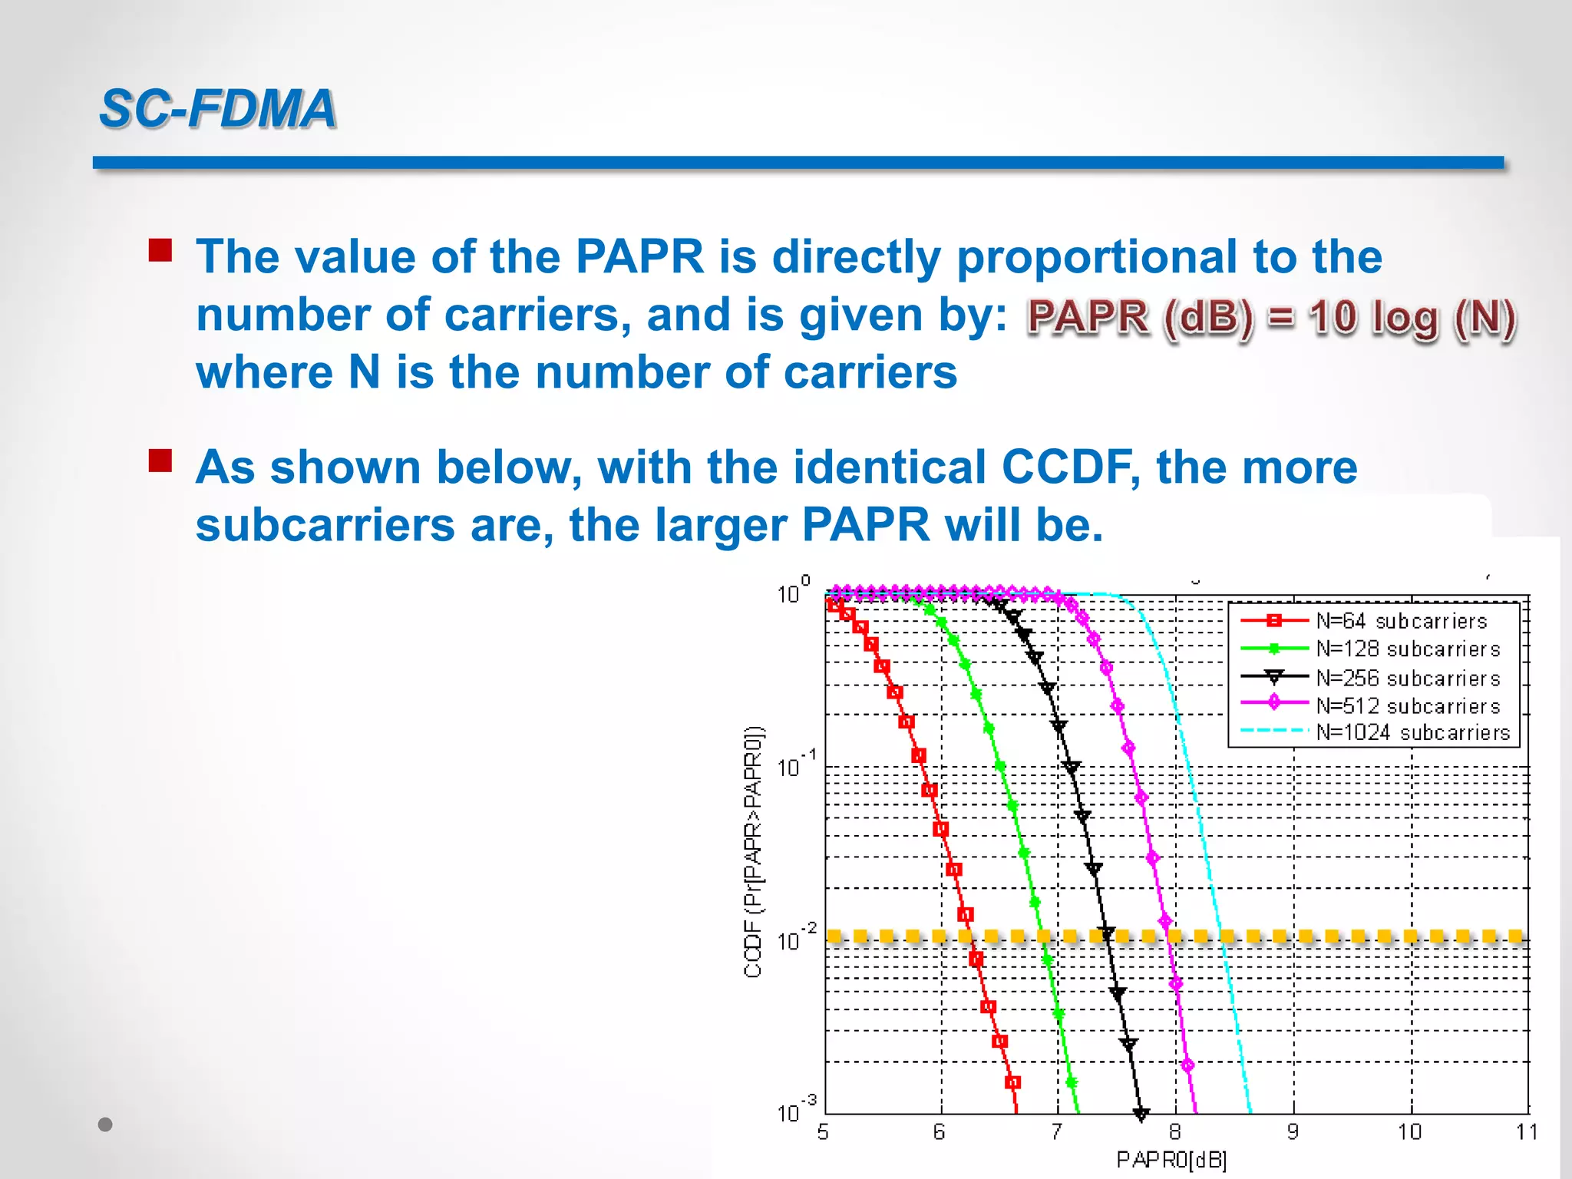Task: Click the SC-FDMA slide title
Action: (x=218, y=108)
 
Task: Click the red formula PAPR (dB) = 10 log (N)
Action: (x=1271, y=318)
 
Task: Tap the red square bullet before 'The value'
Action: (x=160, y=250)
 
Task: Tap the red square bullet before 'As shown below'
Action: (x=160, y=461)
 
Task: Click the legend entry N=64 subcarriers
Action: (x=1401, y=621)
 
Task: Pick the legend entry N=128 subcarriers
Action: (x=1407, y=649)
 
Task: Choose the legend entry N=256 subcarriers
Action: (x=1407, y=678)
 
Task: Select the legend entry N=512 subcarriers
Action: (x=1407, y=705)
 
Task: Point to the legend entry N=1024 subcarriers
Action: (x=1412, y=732)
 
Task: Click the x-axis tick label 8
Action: (x=1174, y=1132)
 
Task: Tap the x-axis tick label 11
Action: (x=1527, y=1132)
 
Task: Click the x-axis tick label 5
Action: (x=823, y=1132)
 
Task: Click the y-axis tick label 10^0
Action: (x=793, y=591)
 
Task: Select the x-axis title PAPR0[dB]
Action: (x=1171, y=1160)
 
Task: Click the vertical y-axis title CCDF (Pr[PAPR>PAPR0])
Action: (x=753, y=850)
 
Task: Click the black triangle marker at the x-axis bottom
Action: (x=1141, y=1114)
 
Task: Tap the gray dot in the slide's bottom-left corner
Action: (x=106, y=1125)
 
